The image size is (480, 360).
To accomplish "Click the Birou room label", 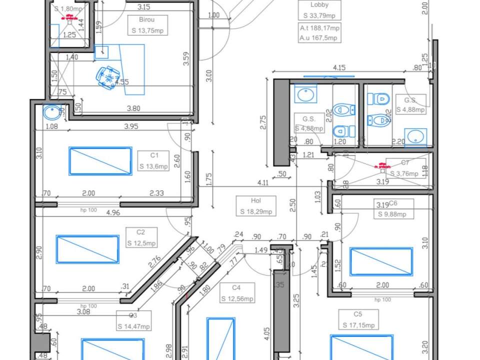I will pos(147,20).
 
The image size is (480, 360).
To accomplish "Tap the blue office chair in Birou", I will pos(107,77).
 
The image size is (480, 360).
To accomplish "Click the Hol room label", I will pos(256,201).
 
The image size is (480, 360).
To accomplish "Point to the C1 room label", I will pos(153,155).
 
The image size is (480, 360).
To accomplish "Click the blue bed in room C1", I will pos(100,161).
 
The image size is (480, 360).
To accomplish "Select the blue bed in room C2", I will pos(88,249).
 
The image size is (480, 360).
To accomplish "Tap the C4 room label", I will pos(236,288).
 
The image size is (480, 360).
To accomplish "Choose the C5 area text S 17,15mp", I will pos(357,325).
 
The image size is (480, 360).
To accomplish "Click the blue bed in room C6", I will pos(381,261).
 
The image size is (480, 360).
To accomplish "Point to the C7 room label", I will pos(405,162).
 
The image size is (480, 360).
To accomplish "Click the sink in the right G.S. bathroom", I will pos(415,136).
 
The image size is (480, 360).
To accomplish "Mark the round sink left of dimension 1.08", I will pos(51,112).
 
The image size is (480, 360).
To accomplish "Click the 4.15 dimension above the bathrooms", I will pos(339,67).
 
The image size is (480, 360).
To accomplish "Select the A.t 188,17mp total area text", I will pos(319,28).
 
